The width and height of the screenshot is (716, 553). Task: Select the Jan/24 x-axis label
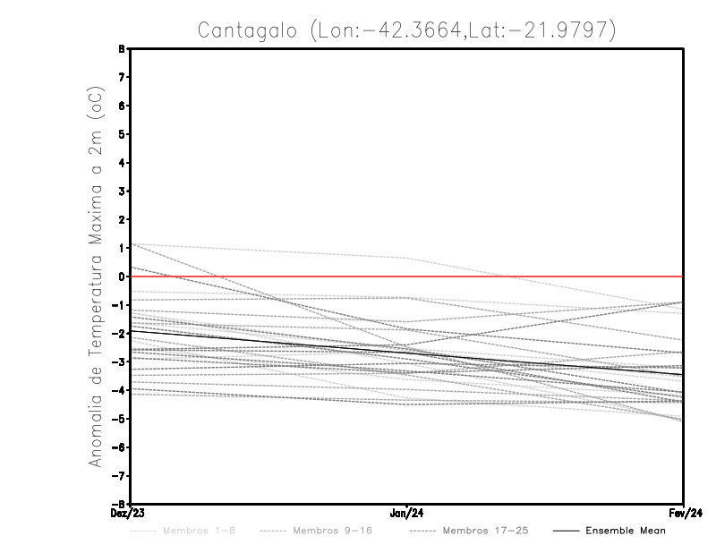(x=407, y=513)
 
